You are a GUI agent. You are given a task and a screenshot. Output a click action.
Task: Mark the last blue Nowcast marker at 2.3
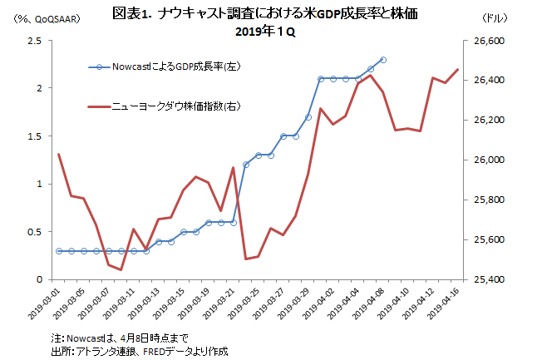point(382,60)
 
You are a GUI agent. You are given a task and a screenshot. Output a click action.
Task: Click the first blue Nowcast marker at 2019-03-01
point(59,250)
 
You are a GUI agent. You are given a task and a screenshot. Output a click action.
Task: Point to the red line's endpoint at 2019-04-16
point(457,70)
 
